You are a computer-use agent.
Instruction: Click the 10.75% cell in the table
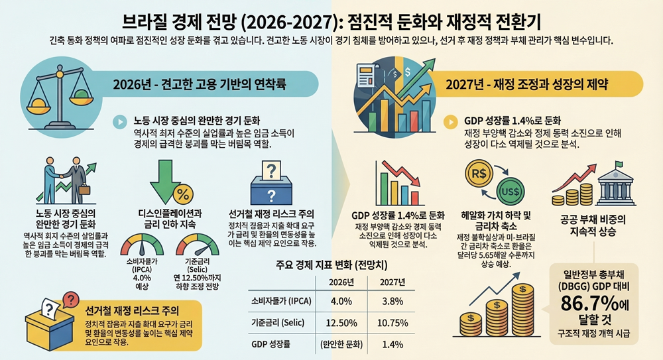(392, 323)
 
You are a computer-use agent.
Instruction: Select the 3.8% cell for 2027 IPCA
(392, 302)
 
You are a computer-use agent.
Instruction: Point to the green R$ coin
(479, 174)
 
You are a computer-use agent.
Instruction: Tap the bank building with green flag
(610, 185)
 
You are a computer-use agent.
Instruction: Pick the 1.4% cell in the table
(392, 344)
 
